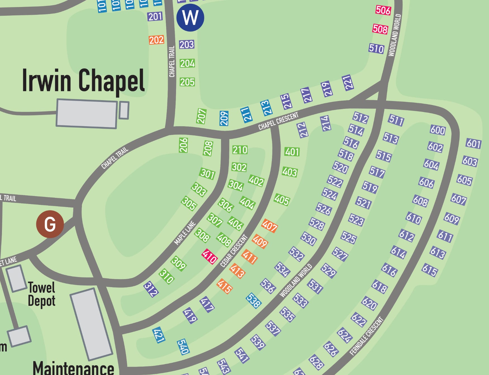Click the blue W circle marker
click(190, 17)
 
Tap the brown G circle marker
click(50, 224)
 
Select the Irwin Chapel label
click(83, 81)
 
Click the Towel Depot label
click(41, 294)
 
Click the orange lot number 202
click(156, 40)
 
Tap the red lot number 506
click(383, 10)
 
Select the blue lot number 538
click(254, 301)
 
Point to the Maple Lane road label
click(185, 233)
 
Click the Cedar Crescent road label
click(234, 251)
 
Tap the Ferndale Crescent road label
click(367, 336)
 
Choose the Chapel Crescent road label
click(278, 121)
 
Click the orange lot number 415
click(225, 286)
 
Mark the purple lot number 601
click(473, 144)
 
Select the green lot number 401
click(292, 152)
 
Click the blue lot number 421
click(158, 335)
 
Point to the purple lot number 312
click(151, 289)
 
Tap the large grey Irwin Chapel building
click(87, 114)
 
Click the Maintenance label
click(73, 368)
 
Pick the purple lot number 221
click(348, 83)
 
